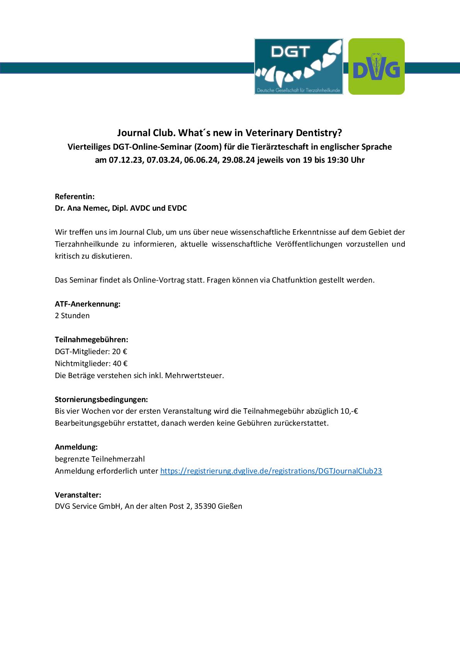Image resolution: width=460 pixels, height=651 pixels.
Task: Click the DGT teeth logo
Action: pos(299,66)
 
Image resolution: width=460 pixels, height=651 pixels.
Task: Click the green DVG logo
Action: pos(376,66)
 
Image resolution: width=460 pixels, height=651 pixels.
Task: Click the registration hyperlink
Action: pos(271,471)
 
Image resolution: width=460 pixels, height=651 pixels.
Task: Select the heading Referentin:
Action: pos(75,196)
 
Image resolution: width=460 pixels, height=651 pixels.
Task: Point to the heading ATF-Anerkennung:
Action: pos(88,304)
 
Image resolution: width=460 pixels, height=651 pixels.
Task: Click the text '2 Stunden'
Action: pos(72,315)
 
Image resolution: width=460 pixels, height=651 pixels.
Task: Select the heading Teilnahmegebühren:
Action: pos(92,340)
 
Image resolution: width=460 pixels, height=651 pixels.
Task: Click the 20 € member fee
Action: pos(120,351)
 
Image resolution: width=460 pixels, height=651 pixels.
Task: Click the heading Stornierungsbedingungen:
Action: pos(101,399)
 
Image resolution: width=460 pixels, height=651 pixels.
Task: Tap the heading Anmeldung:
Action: pos(76,447)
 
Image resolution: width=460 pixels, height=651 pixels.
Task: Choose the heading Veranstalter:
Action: pos(78,495)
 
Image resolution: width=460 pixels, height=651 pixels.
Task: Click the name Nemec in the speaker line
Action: pos(95,208)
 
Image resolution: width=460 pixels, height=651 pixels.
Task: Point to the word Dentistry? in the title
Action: pos(319,133)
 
